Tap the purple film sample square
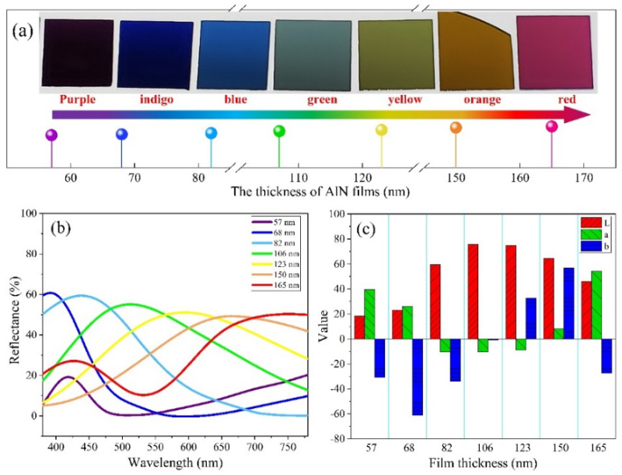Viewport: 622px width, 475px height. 76,52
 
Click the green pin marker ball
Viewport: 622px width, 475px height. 280,131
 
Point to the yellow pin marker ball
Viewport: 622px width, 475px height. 381,130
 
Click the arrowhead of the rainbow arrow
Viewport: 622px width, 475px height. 576,114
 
